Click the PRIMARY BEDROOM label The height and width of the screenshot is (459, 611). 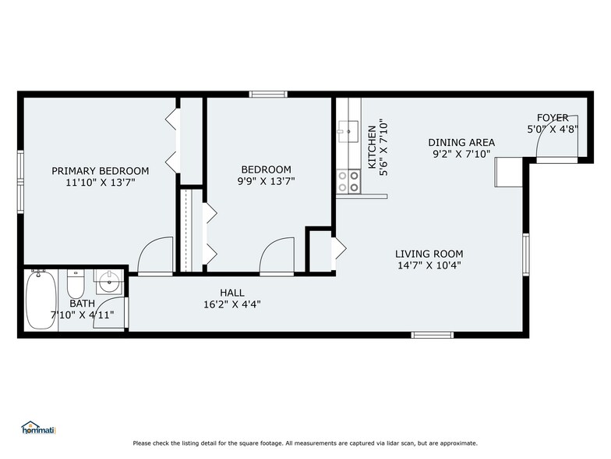pyautogui.click(x=100, y=170)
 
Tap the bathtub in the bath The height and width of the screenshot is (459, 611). pyautogui.click(x=40, y=301)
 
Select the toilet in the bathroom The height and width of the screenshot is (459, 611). pyautogui.click(x=76, y=283)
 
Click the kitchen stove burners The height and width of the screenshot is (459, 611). pyautogui.click(x=348, y=182)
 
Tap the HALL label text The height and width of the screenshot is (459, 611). pyautogui.click(x=231, y=293)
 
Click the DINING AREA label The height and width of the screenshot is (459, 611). pyautogui.click(x=461, y=142)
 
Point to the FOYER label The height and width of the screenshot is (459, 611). pyautogui.click(x=553, y=118)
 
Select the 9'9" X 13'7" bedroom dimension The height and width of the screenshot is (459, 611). pyautogui.click(x=267, y=181)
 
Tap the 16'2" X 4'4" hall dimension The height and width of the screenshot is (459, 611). pyautogui.click(x=231, y=304)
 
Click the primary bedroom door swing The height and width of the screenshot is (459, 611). pyautogui.click(x=154, y=256)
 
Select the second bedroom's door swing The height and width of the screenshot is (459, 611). pyautogui.click(x=277, y=256)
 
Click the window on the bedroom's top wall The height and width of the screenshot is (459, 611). pyautogui.click(x=270, y=94)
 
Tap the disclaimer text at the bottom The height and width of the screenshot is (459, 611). pyautogui.click(x=305, y=443)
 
